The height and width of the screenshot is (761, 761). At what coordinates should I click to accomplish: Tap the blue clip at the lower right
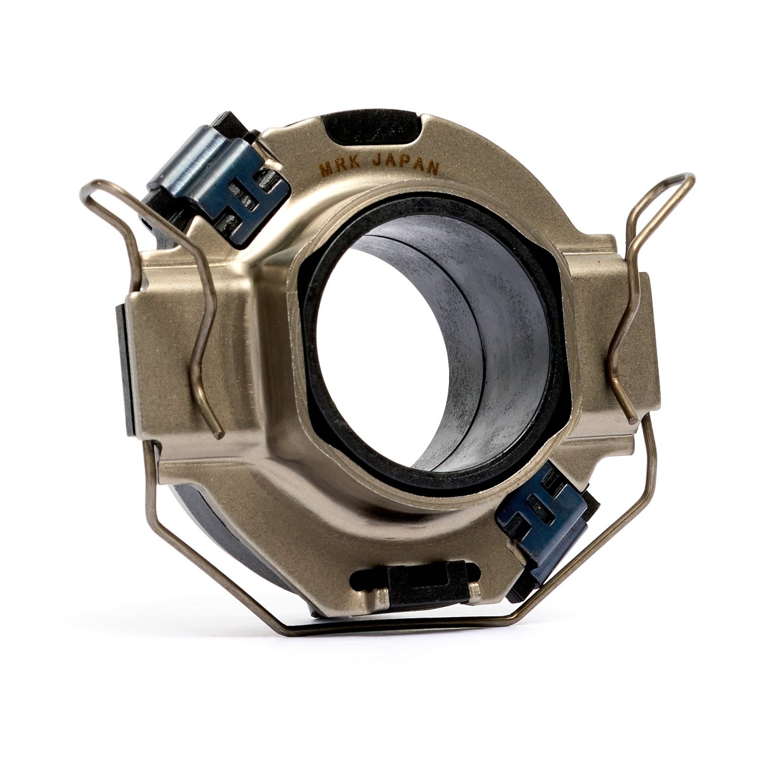click(x=547, y=517)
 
